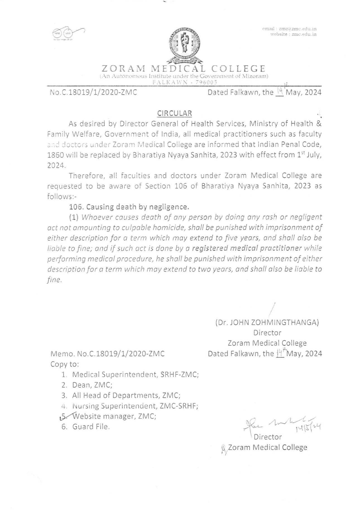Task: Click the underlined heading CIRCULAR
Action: click(x=175, y=113)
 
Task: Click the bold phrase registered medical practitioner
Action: click(x=247, y=248)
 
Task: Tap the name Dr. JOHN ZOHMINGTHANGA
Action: click(x=267, y=322)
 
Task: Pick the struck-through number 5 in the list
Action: click(x=64, y=416)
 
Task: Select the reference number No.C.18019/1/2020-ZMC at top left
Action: click(x=93, y=92)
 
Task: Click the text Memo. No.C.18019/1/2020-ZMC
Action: click(x=107, y=354)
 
